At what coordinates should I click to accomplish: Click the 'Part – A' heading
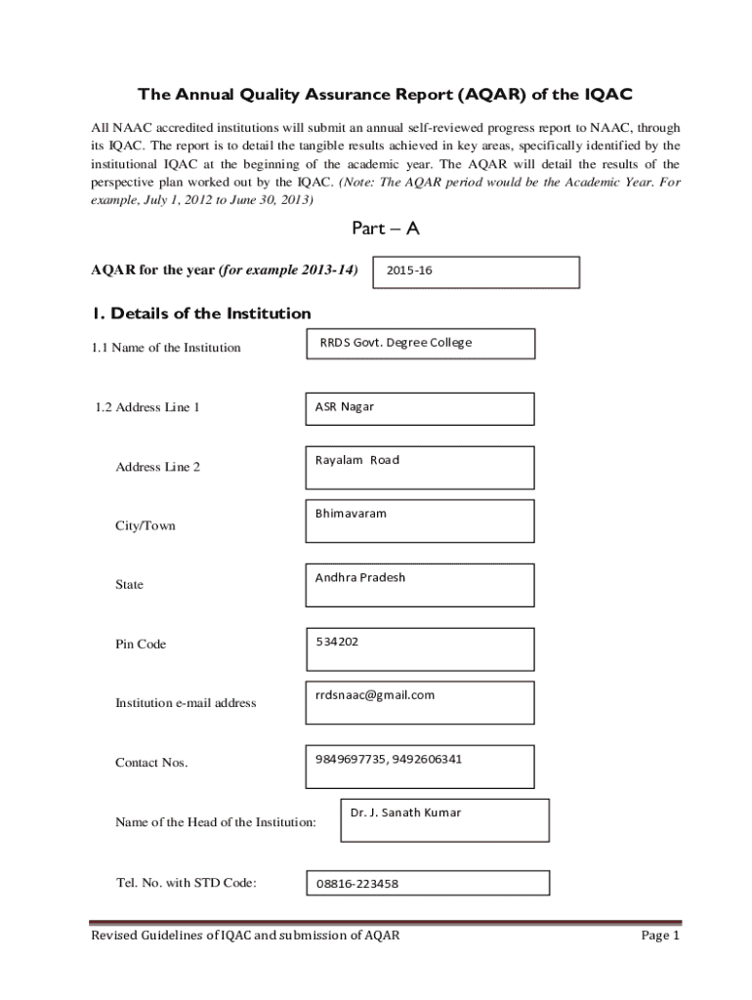pyautogui.click(x=385, y=229)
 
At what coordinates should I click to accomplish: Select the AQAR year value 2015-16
pyautogui.click(x=409, y=271)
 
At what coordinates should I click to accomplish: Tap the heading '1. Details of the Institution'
pyautogui.click(x=201, y=313)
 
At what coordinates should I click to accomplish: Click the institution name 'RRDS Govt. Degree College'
pyautogui.click(x=396, y=343)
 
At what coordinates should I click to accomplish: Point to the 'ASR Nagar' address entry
pyautogui.click(x=344, y=407)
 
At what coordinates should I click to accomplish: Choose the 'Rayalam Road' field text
pyautogui.click(x=356, y=460)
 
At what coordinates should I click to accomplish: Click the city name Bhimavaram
pyautogui.click(x=351, y=513)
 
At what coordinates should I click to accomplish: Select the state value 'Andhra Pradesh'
pyautogui.click(x=359, y=577)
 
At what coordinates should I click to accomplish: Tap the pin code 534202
pyautogui.click(x=337, y=642)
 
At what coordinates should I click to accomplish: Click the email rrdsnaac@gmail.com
pyautogui.click(x=374, y=695)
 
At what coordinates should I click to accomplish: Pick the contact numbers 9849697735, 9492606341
pyautogui.click(x=388, y=759)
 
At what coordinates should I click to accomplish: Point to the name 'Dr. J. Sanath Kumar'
pyautogui.click(x=405, y=812)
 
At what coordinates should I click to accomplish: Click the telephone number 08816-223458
pyautogui.click(x=356, y=885)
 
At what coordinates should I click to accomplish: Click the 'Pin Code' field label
pyautogui.click(x=141, y=645)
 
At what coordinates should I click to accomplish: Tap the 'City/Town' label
pyautogui.click(x=146, y=526)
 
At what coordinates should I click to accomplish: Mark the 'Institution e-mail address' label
pyautogui.click(x=186, y=703)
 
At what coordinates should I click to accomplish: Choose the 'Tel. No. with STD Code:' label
pyautogui.click(x=186, y=884)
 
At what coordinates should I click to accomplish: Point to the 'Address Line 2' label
pyautogui.click(x=157, y=467)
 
